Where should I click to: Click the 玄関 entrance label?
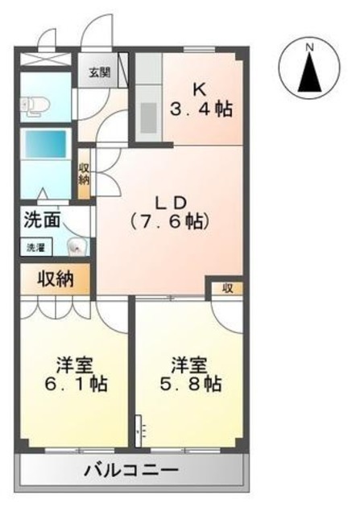coord(99,72)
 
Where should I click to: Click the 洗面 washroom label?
coord(42,220)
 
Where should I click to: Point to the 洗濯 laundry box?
coord(35,247)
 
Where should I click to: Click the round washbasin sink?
coord(77,247)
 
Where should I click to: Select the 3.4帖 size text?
coord(201,109)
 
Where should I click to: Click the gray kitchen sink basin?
coord(149,117)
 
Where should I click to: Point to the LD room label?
coord(171,204)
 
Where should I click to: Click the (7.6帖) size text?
coord(170,221)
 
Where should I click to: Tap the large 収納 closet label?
coord(56,279)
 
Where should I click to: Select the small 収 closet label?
coord(227,288)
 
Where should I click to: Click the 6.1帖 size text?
coord(76,384)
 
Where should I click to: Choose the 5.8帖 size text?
coord(190,384)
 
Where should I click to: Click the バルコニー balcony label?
coord(131,470)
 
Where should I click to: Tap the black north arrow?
coord(309,72)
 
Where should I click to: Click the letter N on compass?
coord(309,47)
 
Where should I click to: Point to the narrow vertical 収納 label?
coord(84,174)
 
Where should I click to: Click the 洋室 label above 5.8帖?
coord(188,365)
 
